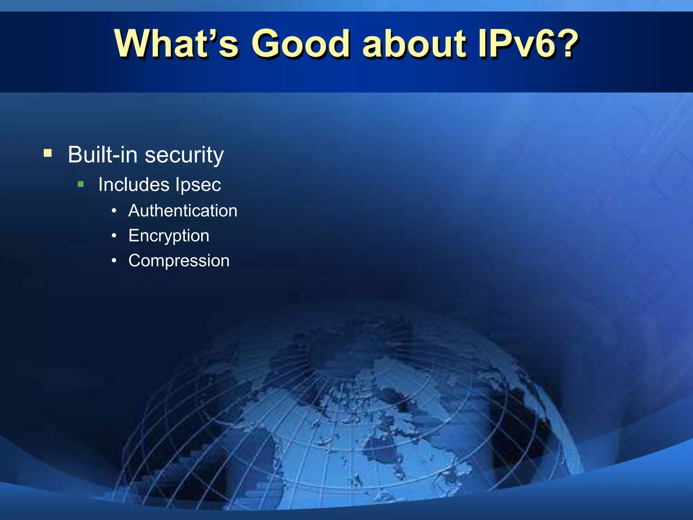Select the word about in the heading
[x=414, y=44]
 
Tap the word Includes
[x=134, y=185]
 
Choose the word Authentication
[x=183, y=211]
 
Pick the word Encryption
[x=169, y=236]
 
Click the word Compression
[x=179, y=261]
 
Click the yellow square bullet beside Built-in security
[x=48, y=153]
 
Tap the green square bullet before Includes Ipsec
[x=81, y=184]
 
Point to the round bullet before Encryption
[x=114, y=236]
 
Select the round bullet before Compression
[x=114, y=261]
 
